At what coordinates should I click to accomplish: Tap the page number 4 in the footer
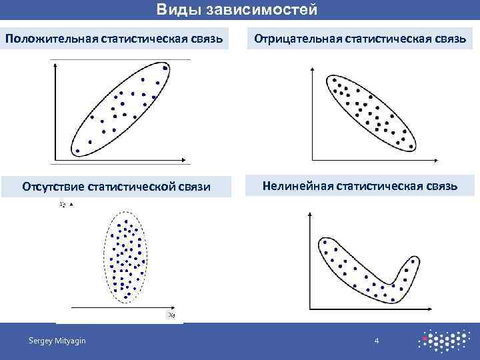[377, 341]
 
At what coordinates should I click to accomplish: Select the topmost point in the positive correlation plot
[165, 69]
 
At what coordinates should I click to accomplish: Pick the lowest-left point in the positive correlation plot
[77, 151]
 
